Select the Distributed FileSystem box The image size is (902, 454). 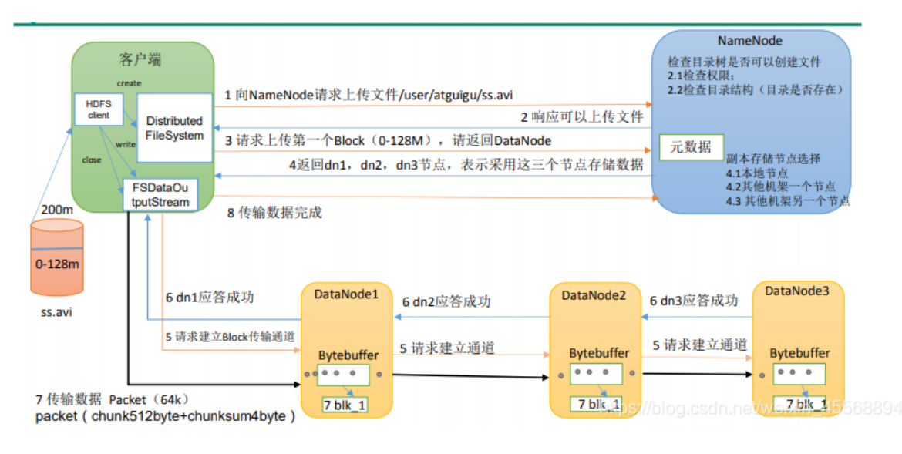pos(174,128)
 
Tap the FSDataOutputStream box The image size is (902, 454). pos(159,193)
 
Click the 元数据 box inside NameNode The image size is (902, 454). pos(690,147)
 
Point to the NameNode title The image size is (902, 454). pos(750,41)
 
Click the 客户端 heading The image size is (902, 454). pos(141,59)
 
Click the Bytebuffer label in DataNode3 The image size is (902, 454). pos(799,353)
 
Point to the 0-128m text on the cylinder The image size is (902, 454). pos(58,264)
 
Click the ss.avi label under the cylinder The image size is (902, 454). pos(57,313)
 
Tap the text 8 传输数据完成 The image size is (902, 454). pos(274,212)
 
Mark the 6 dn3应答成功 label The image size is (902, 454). pos(693,301)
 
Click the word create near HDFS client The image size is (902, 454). pos(129,82)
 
